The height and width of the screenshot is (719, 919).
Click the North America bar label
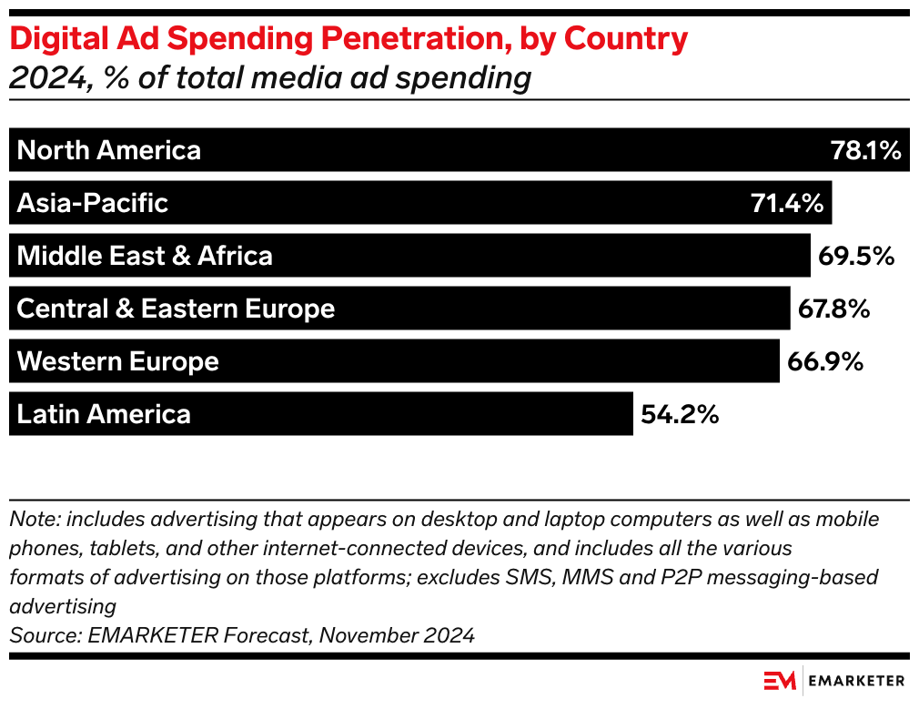(109, 150)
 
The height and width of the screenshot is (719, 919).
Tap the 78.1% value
(865, 150)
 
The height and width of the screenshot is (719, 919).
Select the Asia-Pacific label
(93, 203)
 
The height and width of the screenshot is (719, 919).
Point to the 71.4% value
(787, 203)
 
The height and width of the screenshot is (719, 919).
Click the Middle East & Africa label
(145, 256)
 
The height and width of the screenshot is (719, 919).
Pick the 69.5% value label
(856, 256)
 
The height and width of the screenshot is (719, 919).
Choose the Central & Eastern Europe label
(176, 309)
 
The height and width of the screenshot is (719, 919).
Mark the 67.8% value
(834, 309)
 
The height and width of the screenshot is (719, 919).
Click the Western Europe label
(118, 361)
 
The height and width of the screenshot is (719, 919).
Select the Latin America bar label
(104, 414)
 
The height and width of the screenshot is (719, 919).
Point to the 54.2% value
(680, 414)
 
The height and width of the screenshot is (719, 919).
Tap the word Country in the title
(628, 39)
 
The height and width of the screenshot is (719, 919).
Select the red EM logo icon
(780, 681)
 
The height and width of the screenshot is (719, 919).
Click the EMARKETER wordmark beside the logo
(858, 681)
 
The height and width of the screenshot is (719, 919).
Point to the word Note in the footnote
(28, 520)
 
